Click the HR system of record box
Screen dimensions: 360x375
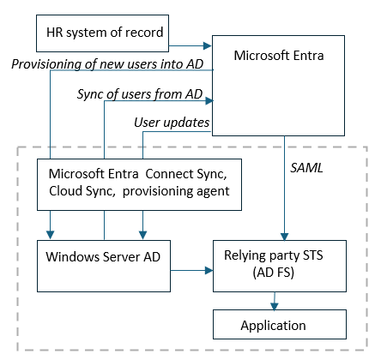point(102,34)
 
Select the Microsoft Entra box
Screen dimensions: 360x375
point(278,85)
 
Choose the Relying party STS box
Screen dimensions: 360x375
point(279,266)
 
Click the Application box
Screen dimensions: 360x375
point(279,325)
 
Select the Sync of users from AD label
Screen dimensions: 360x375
point(139,93)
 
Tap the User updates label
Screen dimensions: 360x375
point(172,123)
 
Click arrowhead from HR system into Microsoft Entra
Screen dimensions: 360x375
point(208,45)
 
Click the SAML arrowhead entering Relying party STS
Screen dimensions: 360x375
point(283,237)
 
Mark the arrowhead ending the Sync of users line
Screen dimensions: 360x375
point(208,102)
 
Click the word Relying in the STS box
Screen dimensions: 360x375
point(244,258)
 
